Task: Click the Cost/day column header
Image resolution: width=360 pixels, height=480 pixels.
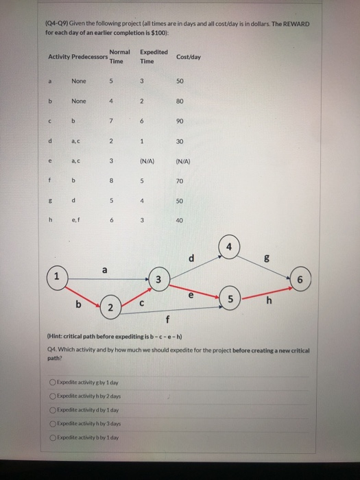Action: pyautogui.click(x=189, y=57)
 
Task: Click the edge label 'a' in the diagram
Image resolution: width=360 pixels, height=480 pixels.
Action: pyautogui.click(x=104, y=270)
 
